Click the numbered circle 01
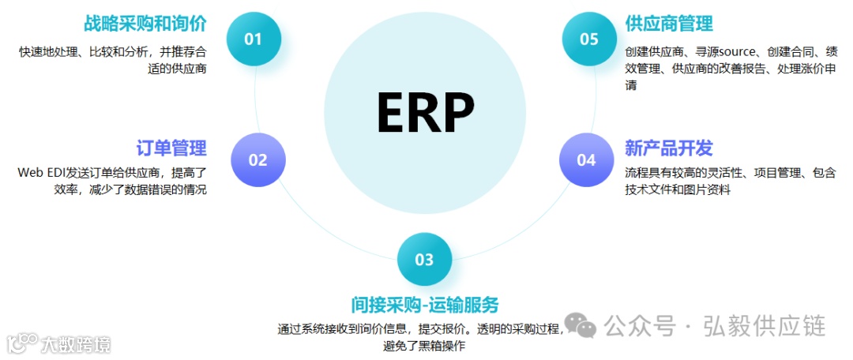253,39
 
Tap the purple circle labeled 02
257,160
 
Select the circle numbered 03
424,259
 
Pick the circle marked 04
586,160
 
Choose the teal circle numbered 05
589,39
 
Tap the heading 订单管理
171,148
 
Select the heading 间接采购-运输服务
425,305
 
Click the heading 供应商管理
668,24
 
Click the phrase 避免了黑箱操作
424,345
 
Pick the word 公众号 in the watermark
641,325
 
